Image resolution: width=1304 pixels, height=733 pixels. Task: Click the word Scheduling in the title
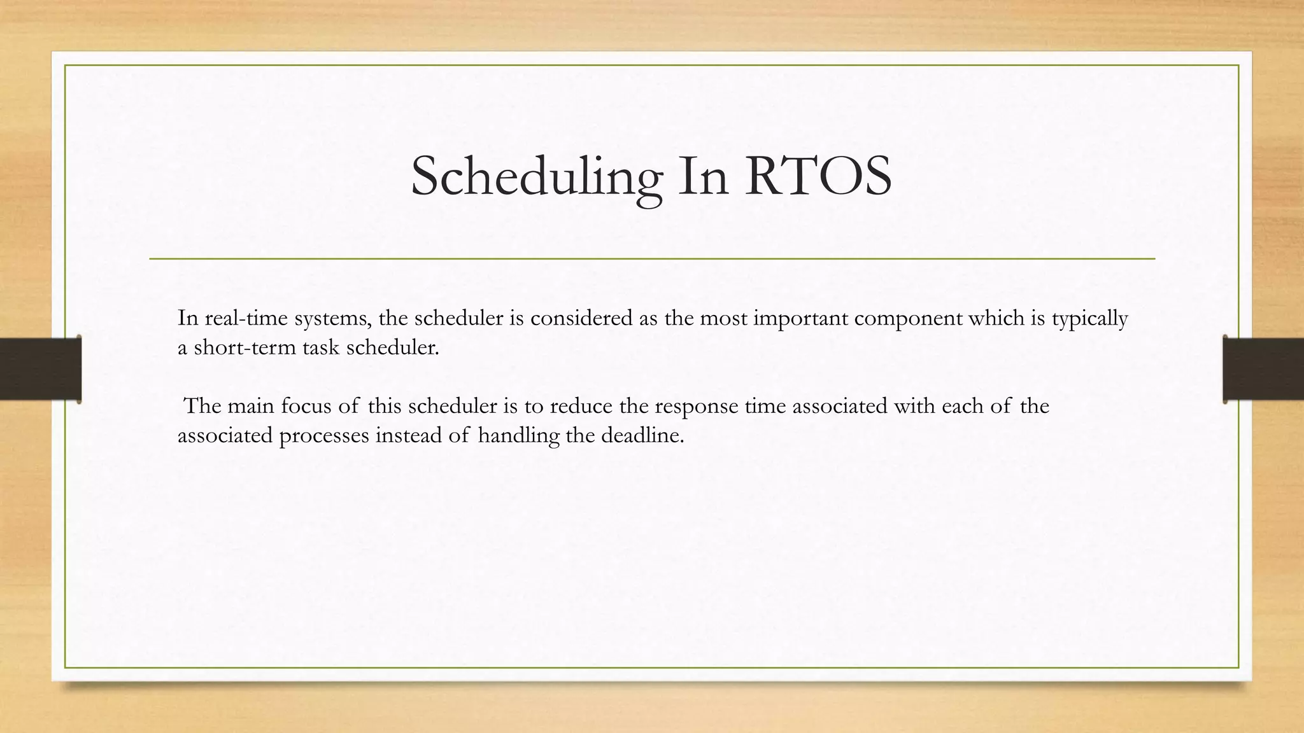point(536,177)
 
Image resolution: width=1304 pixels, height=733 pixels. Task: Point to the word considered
point(581,318)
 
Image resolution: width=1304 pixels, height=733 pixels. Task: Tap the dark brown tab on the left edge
point(40,369)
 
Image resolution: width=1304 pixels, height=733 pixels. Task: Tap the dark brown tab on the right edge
point(1263,369)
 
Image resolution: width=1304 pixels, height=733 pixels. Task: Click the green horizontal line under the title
point(652,259)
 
